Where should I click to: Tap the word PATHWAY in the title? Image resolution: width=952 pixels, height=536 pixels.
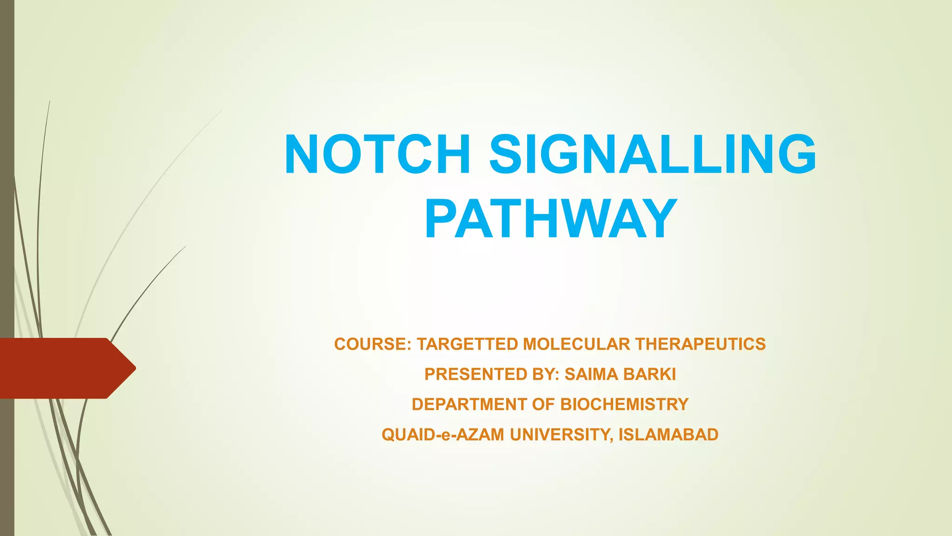pos(550,218)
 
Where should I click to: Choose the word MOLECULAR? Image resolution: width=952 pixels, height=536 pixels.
pos(576,344)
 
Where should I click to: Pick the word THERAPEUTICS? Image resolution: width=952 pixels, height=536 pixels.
pos(701,344)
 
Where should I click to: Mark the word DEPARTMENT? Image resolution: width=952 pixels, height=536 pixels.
pos(469,405)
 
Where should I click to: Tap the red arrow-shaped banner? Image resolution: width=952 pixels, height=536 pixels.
pos(60,368)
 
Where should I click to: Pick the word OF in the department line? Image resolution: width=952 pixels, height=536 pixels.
pos(544,405)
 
